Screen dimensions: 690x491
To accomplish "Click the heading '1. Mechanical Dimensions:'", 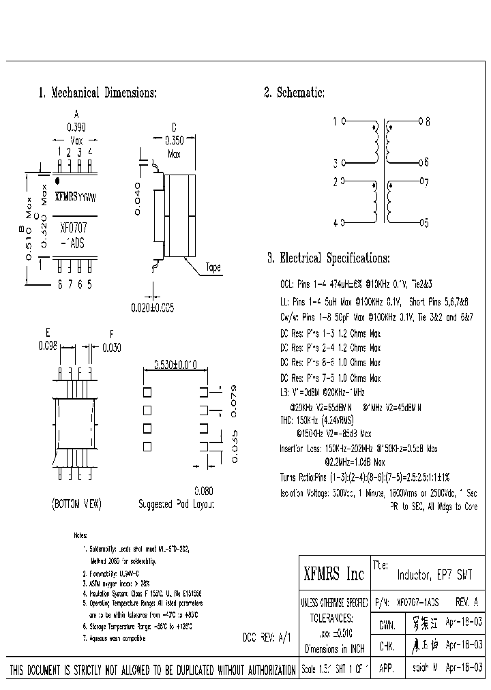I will pos(98,93).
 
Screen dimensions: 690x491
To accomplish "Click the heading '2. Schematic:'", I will pos(294,93).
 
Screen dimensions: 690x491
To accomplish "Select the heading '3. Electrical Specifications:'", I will pos(328,258).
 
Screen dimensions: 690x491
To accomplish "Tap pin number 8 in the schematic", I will pos(427,122).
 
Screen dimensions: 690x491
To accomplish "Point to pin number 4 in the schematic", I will pos(335,223).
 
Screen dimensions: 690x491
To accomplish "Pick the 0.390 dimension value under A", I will pos(76,127).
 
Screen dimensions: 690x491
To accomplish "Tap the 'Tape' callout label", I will pos(213,268).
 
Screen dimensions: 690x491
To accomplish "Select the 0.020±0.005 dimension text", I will pos(152,307).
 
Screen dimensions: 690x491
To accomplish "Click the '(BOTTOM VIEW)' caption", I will pos(76,505).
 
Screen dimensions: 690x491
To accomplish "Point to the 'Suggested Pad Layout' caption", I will pos(176,505).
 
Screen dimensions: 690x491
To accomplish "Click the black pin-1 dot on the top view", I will pos(57,181).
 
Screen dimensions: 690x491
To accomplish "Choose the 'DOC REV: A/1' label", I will pos(267,637).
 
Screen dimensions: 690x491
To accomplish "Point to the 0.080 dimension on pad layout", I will pos(204,490).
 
